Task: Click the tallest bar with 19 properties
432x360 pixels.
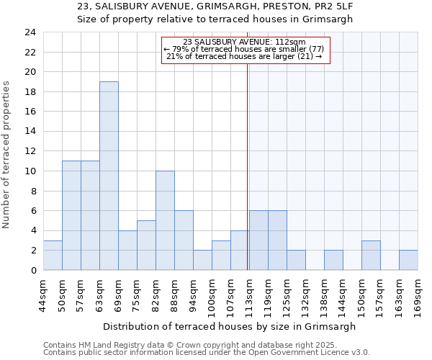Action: [109, 176]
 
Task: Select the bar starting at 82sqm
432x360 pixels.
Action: [165, 220]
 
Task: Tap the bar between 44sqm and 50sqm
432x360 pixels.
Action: [53, 255]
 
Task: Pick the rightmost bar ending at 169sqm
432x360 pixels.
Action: [408, 260]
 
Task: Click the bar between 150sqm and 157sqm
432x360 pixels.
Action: [371, 255]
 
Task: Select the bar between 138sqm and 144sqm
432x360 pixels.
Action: [333, 260]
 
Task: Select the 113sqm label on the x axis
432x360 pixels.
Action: [250, 294]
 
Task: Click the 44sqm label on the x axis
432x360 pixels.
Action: [44, 294]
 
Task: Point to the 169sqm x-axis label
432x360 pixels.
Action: [418, 294]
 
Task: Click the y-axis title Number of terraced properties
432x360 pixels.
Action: [7, 154]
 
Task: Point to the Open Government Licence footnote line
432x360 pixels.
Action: [206, 353]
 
